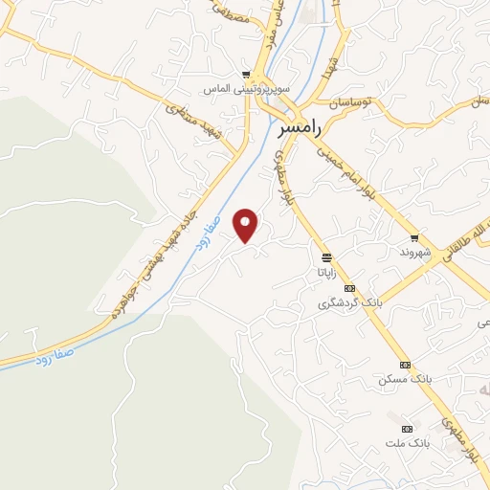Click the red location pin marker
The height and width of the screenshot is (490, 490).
[x=246, y=225]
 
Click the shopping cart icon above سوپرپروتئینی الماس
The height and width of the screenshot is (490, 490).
[x=246, y=75]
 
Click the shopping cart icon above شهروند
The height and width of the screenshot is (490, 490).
[x=414, y=238]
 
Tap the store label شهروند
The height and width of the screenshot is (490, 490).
[x=414, y=253]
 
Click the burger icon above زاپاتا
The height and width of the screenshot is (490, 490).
[x=327, y=257]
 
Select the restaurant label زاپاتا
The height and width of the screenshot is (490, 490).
[x=320, y=272]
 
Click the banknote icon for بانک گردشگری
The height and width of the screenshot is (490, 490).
[x=350, y=288]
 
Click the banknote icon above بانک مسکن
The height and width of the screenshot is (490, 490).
[x=405, y=365]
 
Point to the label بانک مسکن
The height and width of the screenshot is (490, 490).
[x=405, y=379]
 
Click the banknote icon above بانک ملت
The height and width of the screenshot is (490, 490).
[x=409, y=428]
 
